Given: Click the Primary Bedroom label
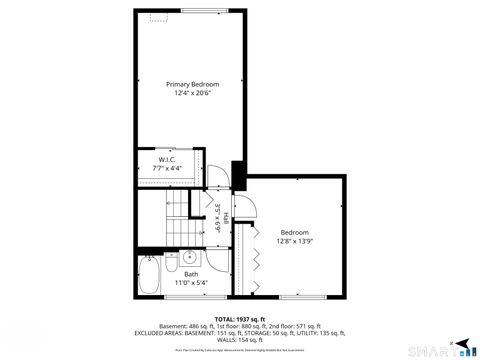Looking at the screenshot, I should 192,84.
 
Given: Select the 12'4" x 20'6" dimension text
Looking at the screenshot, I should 192,94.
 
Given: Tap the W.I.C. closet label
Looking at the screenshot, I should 167,160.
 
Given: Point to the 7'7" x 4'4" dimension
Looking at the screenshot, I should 167,169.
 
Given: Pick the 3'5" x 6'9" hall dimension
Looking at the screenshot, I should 217,218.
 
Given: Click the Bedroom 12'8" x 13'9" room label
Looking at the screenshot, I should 294,231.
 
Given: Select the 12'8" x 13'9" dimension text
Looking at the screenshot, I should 294,240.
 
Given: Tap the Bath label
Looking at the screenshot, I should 191,274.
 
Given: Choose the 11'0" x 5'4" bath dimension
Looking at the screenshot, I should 191,283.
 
